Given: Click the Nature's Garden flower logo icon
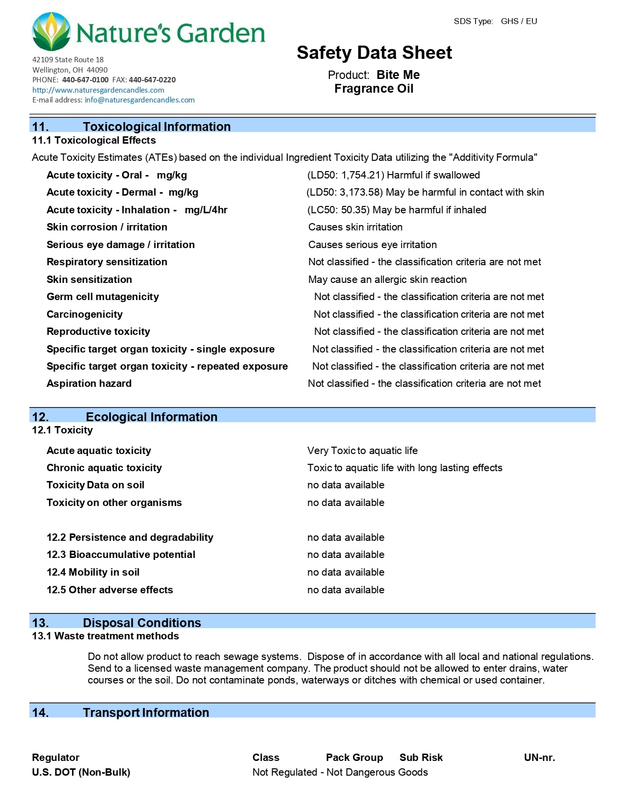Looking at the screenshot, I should (51, 32).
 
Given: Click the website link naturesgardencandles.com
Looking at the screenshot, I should (98, 90).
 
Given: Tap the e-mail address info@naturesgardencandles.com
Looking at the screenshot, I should (139, 100).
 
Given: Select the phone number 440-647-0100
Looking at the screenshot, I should (85, 80).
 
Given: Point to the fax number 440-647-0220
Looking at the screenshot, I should (152, 80).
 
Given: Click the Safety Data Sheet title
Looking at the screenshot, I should (374, 53).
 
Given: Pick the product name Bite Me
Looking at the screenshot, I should (398, 75).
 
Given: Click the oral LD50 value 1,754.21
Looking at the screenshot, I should (362, 176).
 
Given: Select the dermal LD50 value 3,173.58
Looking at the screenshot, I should (361, 193).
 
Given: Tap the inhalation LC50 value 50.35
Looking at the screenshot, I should (354, 210).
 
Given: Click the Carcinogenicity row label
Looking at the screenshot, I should (84, 314).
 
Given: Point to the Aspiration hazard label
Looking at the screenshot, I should (89, 383).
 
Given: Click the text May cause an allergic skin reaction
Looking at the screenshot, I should (387, 279).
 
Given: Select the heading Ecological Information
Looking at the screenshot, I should (151, 417).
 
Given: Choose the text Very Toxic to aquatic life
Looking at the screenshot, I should (362, 451).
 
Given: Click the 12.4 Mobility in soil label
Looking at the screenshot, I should (93, 572).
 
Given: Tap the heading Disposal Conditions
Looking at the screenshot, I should (142, 623).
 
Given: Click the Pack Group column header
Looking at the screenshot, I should (354, 758).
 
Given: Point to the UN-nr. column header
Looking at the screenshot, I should (539, 758).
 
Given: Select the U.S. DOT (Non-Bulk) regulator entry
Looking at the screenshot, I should (81, 772).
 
